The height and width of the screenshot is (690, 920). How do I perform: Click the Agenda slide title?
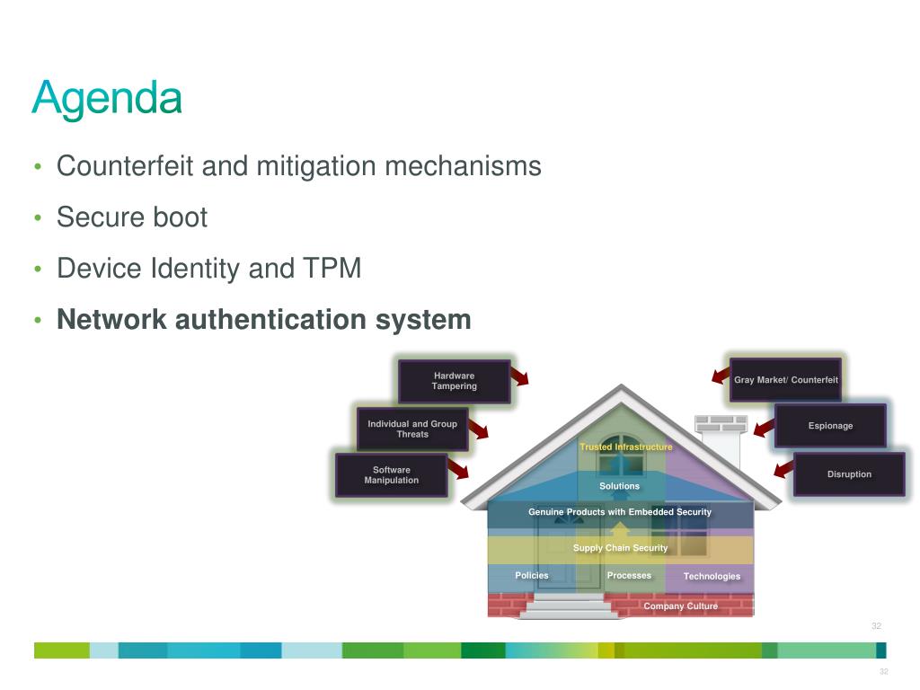pos(107,99)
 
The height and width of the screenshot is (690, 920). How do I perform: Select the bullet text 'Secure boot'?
pos(132,217)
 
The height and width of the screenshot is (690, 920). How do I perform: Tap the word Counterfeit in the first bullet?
pos(124,165)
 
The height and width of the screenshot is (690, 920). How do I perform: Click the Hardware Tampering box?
pos(454,381)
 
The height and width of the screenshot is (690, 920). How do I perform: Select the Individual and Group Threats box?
pos(412,429)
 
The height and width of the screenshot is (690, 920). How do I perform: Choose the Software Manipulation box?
pos(392,475)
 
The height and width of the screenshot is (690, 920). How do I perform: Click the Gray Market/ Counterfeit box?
pos(785,380)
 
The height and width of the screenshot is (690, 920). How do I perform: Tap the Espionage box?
pos(830,425)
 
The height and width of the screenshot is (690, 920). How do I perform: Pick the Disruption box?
pos(849,474)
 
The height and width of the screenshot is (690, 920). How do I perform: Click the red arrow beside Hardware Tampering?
pos(520,376)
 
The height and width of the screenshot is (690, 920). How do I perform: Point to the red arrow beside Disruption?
pos(783,469)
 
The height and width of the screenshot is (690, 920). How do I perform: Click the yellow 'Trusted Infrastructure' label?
pos(626,447)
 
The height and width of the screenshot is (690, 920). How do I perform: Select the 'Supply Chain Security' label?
pos(620,547)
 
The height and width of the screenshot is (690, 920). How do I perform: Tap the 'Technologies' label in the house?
pos(712,576)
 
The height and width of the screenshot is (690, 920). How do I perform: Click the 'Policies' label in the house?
pos(532,576)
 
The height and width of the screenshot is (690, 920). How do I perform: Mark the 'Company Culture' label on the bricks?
pos(681,606)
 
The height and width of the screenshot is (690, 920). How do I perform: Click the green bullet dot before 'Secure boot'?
pos(38,218)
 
